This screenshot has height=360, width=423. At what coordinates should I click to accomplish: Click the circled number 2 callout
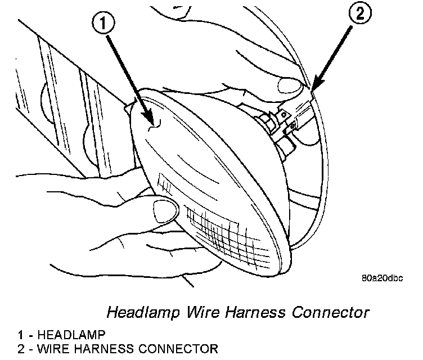tap(361, 15)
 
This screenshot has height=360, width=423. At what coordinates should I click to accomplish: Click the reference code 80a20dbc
tap(383, 277)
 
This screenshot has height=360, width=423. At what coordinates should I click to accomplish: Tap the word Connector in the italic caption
tap(332, 311)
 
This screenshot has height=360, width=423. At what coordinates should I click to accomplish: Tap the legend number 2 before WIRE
tap(20, 349)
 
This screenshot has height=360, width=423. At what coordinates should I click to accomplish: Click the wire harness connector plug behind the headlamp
tap(292, 121)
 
